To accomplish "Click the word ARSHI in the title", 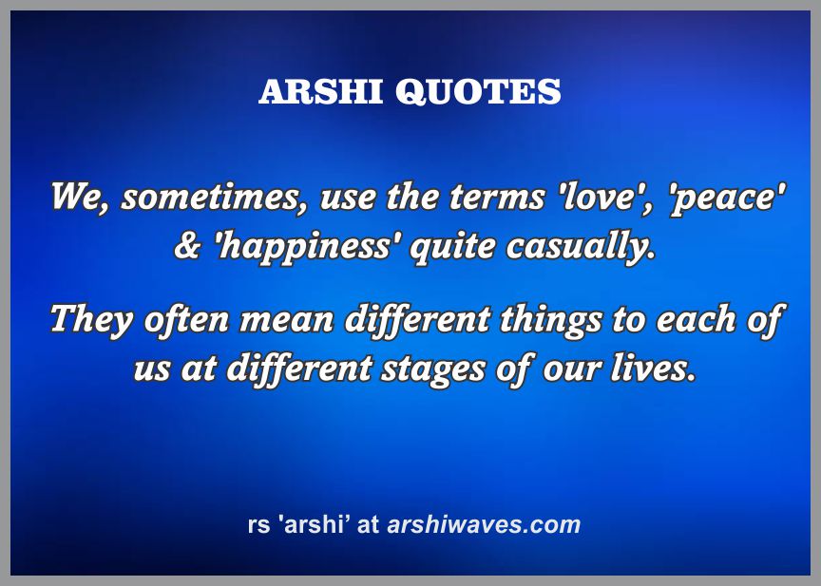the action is (x=320, y=91).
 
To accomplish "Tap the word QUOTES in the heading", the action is (x=478, y=92).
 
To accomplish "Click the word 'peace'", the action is (x=727, y=198).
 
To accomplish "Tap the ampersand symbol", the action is (x=187, y=246).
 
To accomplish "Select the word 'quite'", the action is (x=452, y=248).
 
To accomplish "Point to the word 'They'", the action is (x=91, y=319).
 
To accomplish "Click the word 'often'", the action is (x=186, y=318).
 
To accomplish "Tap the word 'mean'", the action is (x=286, y=320).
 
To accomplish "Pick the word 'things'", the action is (x=550, y=320).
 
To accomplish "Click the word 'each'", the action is (x=696, y=319).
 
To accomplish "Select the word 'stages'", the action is (x=433, y=369).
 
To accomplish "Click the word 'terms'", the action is (x=497, y=198).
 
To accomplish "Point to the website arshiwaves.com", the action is (x=484, y=524).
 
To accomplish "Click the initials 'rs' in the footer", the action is (x=258, y=526).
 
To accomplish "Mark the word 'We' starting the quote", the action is (x=80, y=197).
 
